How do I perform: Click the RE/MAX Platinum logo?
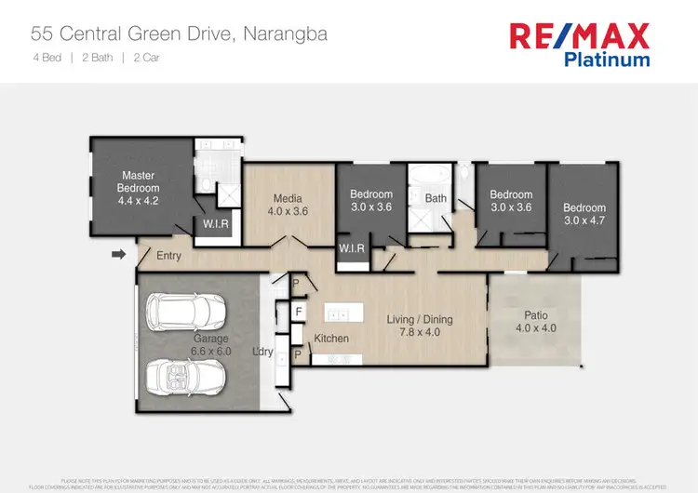click(x=578, y=44)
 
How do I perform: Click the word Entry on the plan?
click(x=169, y=256)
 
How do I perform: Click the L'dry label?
click(x=264, y=353)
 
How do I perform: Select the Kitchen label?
click(x=331, y=339)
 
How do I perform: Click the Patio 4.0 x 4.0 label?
click(x=535, y=321)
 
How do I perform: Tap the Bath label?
click(x=436, y=198)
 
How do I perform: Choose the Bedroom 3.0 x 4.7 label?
click(x=584, y=214)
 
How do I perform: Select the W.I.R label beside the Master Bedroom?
click(x=216, y=224)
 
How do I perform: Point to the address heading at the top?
click(x=179, y=35)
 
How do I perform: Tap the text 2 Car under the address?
click(x=145, y=57)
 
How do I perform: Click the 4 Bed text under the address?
click(x=48, y=57)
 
